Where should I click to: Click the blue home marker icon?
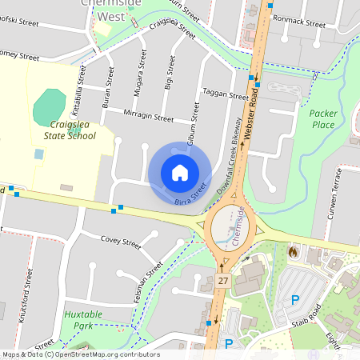coord(180,173)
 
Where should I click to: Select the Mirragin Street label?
coord(149,117)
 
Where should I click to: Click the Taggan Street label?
coord(226,94)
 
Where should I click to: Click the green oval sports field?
coord(51,106)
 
